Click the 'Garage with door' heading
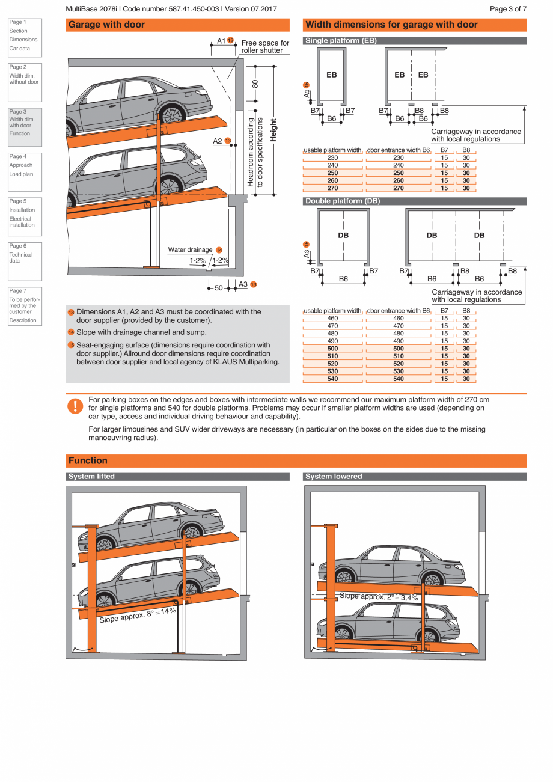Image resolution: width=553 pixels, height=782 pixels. click(106, 25)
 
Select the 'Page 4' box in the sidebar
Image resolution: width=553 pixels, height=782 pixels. click(24, 165)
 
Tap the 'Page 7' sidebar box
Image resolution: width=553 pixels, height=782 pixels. click(24, 305)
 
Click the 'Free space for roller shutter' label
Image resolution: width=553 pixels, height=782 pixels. click(265, 47)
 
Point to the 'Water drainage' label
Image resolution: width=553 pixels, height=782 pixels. click(190, 249)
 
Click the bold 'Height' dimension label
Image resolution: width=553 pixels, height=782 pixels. click(274, 130)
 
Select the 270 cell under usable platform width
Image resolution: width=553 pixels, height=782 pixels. click(332, 188)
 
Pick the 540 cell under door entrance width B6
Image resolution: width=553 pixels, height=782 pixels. click(399, 379)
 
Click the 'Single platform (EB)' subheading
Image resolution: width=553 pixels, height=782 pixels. click(341, 41)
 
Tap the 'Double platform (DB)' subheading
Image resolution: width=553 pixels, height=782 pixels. click(343, 201)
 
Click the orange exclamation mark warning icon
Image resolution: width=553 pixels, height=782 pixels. click(74, 406)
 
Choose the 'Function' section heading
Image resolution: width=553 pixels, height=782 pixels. click(88, 461)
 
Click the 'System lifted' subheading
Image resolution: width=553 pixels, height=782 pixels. click(91, 477)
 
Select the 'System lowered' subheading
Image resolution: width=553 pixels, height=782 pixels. click(334, 477)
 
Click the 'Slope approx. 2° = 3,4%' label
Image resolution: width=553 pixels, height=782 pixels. click(379, 597)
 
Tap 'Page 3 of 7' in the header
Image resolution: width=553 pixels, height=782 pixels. click(508, 9)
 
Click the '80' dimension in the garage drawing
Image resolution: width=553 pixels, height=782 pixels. click(255, 84)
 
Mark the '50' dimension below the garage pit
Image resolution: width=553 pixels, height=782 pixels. click(219, 288)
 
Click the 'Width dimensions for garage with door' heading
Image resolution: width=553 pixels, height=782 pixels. click(391, 25)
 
